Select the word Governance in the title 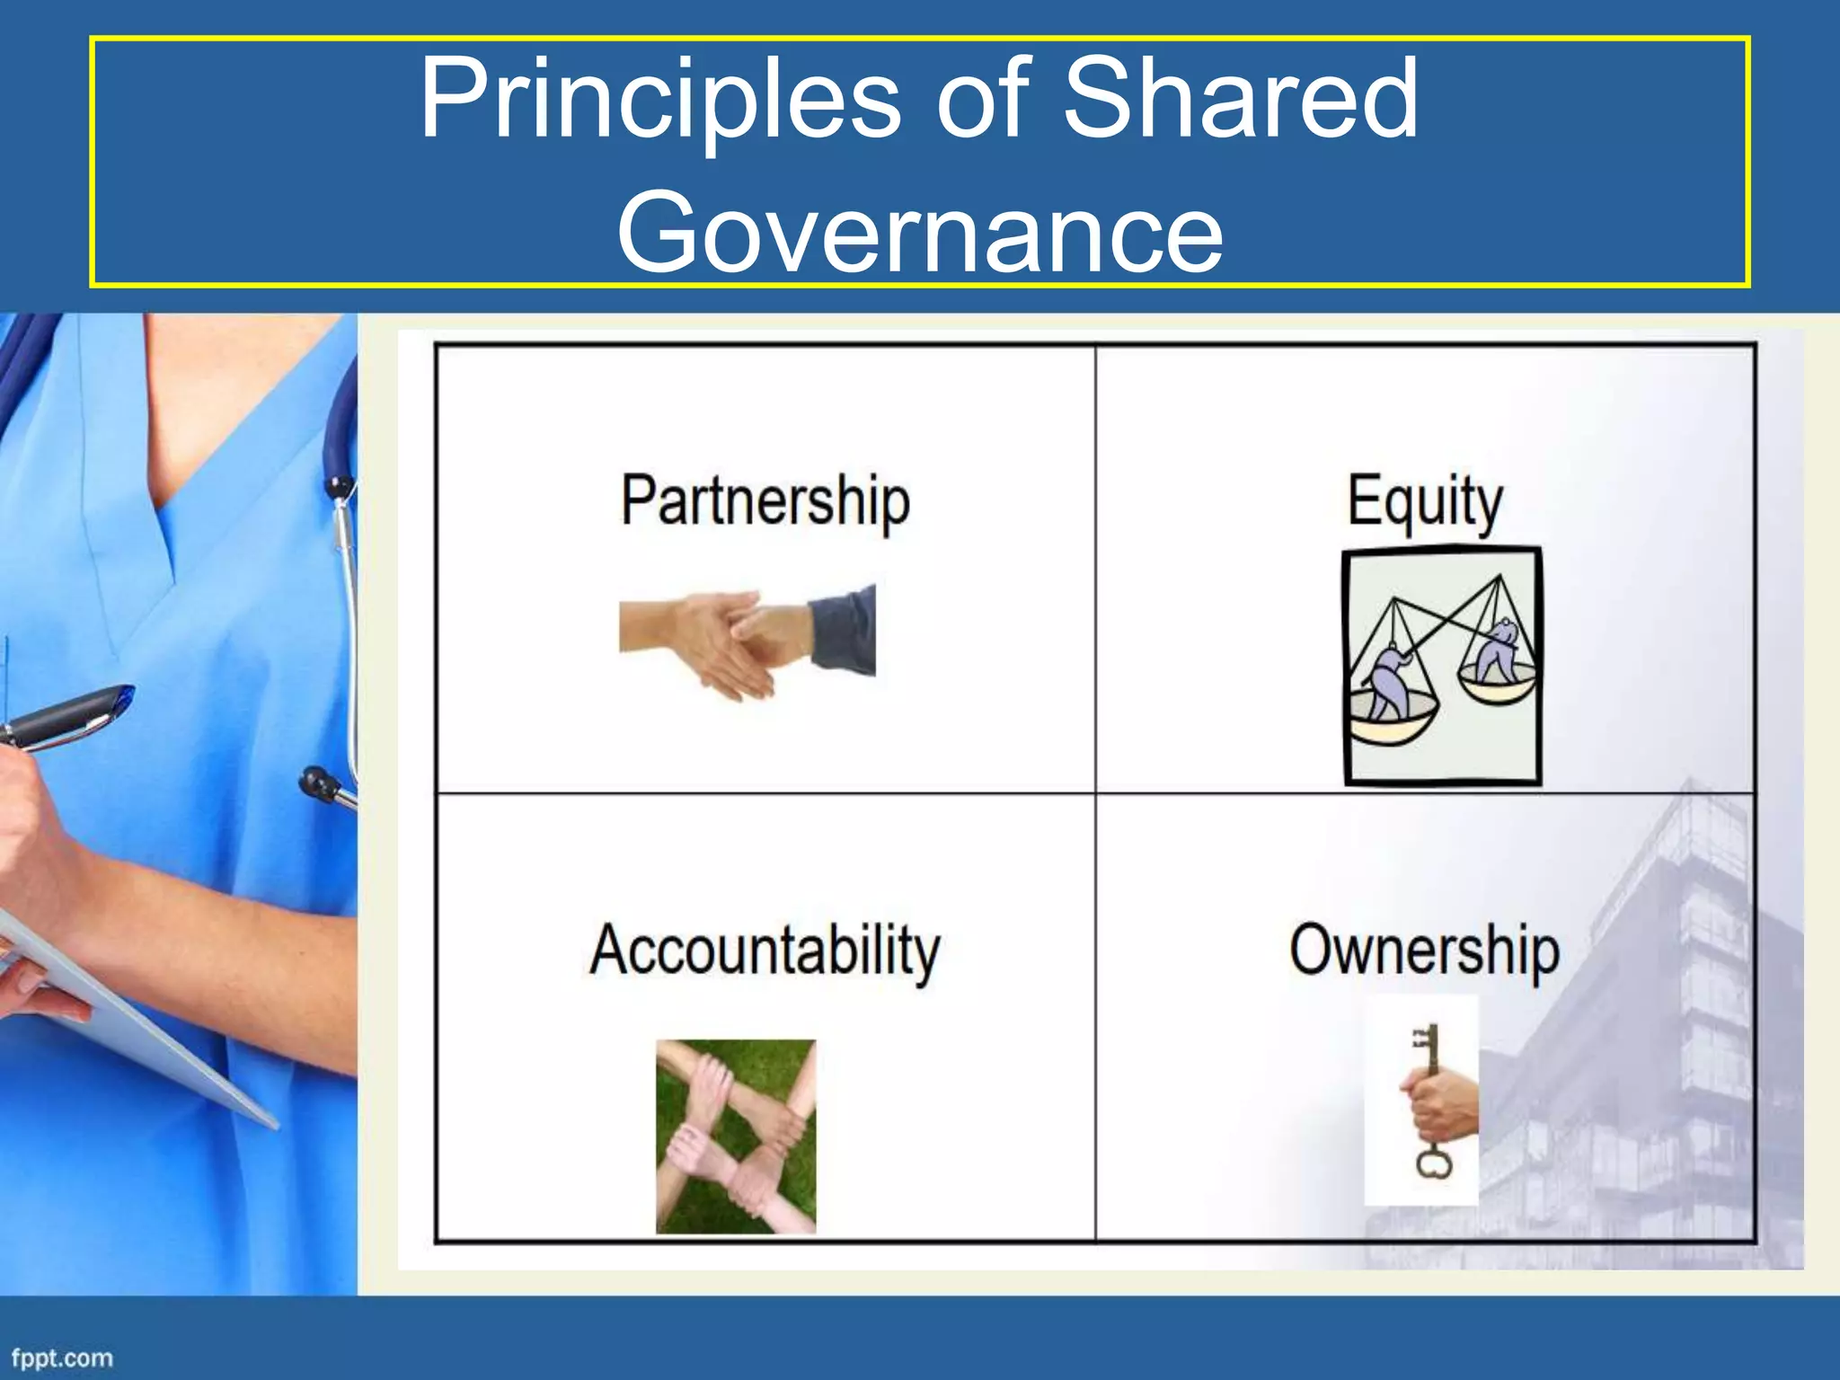click(x=920, y=232)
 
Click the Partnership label click(x=765, y=501)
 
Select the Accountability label click(x=765, y=951)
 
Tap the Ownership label click(x=1425, y=951)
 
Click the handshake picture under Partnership click(x=746, y=640)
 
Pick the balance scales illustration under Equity click(x=1443, y=667)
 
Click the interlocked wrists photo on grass click(x=736, y=1137)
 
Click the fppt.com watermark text click(x=62, y=1358)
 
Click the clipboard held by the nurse click(x=135, y=1015)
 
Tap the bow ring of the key click(x=1434, y=1163)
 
